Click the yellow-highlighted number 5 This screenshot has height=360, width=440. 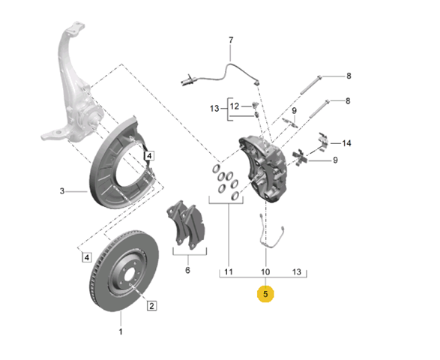click(x=265, y=294)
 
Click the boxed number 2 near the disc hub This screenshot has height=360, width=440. click(x=151, y=305)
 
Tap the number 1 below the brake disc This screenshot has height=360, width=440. click(x=121, y=331)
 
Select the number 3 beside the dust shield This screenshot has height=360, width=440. click(x=62, y=191)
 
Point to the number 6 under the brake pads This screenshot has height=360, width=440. click(x=187, y=270)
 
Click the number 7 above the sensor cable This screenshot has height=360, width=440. click(x=231, y=40)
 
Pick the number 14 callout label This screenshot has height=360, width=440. click(x=346, y=143)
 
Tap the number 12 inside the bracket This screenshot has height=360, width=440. click(x=235, y=106)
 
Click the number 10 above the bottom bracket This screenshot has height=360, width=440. click(x=265, y=271)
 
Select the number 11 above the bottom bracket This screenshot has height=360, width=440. click(x=229, y=271)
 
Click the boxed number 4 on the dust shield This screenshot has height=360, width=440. click(x=149, y=155)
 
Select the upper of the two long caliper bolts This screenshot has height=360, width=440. click(x=310, y=85)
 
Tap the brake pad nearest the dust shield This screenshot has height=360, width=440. click(x=175, y=222)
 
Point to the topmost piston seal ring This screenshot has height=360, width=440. click(x=216, y=169)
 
